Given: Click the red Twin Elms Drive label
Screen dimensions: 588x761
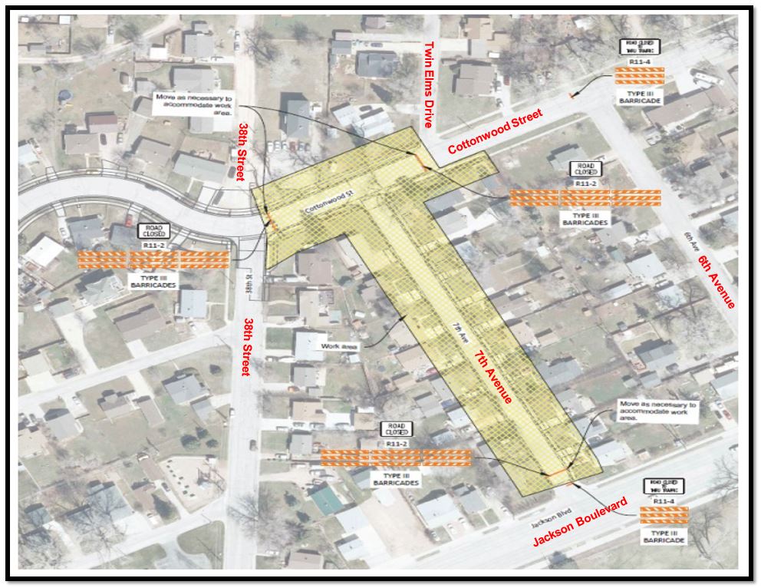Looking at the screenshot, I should (431, 84).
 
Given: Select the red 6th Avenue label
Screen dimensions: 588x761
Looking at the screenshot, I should (717, 282).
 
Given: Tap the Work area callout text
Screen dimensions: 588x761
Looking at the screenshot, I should (344, 346).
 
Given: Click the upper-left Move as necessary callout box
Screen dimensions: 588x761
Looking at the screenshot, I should (194, 104).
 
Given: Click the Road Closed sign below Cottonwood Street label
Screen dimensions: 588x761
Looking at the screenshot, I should (584, 169).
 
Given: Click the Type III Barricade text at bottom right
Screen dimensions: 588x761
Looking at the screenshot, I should (664, 535).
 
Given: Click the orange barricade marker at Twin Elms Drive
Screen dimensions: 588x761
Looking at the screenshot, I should (422, 161).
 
